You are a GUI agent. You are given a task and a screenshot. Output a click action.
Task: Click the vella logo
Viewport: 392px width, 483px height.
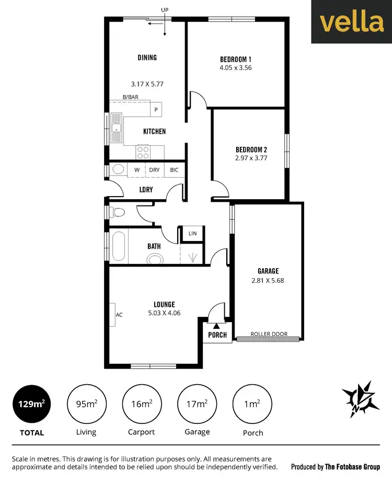pyautogui.click(x=351, y=22)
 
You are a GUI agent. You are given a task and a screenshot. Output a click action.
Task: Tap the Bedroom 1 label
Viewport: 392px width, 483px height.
pyautogui.click(x=236, y=59)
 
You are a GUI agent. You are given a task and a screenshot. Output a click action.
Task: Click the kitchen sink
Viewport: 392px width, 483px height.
pyautogui.click(x=117, y=128)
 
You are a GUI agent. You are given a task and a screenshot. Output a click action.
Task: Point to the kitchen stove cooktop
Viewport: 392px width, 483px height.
pyautogui.click(x=143, y=152)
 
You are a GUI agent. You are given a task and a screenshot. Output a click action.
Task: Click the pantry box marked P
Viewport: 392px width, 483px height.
pyautogui.click(x=156, y=109)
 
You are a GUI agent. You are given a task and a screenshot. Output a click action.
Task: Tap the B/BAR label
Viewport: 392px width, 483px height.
pyautogui.click(x=130, y=97)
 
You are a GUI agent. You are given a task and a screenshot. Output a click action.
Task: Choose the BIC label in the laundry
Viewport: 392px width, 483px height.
pyautogui.click(x=174, y=170)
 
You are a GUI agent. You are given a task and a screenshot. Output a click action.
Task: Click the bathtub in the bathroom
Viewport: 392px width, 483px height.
pyautogui.click(x=118, y=246)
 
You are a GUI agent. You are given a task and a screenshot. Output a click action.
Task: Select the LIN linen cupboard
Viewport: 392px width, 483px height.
pyautogui.click(x=192, y=234)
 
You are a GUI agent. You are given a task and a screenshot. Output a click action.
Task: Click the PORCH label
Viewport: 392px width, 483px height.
pyautogui.click(x=217, y=335)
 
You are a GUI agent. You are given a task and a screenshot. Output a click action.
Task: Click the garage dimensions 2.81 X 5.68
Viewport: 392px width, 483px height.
pyautogui.click(x=268, y=280)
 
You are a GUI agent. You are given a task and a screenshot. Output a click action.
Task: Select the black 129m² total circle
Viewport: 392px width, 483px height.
pyautogui.click(x=31, y=405)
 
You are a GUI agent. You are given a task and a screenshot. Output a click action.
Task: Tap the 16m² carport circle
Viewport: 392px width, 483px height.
pyautogui.click(x=141, y=405)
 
